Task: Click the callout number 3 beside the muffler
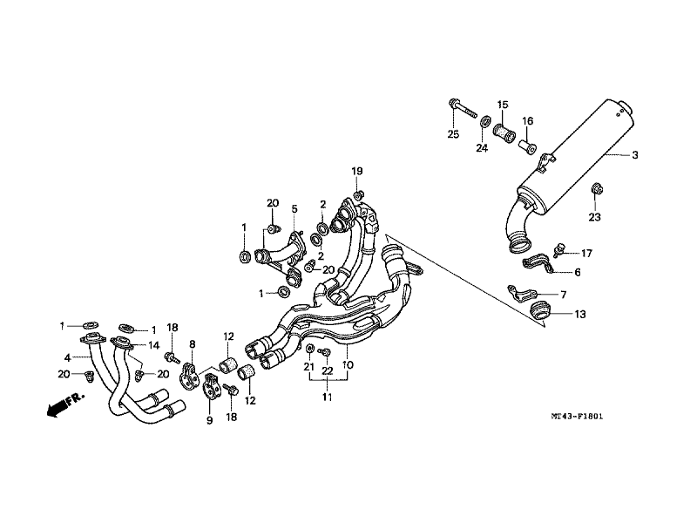coord(635,155)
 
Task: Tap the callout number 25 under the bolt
coord(453,133)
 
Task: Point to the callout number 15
coord(503,105)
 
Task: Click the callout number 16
coord(527,120)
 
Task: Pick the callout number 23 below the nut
coord(595,216)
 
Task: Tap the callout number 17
coord(586,254)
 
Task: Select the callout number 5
coord(294,209)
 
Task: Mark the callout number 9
coord(208,420)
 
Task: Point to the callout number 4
coord(67,357)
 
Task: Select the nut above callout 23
coord(594,188)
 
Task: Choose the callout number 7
coord(563,295)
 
